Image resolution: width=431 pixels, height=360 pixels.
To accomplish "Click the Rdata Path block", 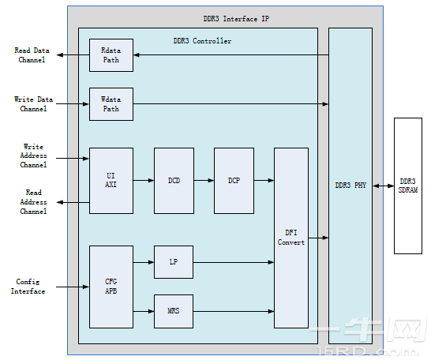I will (x=111, y=55).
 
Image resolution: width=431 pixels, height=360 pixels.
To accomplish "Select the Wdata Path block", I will (x=111, y=104).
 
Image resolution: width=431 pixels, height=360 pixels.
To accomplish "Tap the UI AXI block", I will (x=111, y=181).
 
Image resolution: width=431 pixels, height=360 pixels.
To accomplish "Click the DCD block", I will (x=174, y=181).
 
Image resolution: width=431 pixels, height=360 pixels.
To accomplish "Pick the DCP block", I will (x=234, y=181).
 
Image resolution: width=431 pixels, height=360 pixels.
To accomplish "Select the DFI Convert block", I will (x=290, y=238).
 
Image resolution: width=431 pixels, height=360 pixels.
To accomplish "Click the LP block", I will (x=174, y=262).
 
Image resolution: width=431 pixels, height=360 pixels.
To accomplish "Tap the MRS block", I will (x=174, y=311).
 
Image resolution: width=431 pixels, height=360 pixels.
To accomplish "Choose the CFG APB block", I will (x=111, y=287).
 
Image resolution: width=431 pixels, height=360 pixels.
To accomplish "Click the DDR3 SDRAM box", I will (x=408, y=186).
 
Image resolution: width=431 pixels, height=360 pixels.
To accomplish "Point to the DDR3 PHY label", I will (x=350, y=186).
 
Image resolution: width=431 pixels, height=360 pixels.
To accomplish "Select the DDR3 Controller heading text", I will (x=202, y=41).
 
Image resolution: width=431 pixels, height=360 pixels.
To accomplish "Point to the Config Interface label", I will (x=28, y=287).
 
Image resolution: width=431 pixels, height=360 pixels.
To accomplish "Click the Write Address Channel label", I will (x=33, y=156).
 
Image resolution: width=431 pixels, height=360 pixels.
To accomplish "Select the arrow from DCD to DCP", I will (x=204, y=181).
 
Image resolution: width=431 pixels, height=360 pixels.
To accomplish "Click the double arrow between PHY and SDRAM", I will (x=383, y=186).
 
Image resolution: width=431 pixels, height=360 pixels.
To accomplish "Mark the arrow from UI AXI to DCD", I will (x=144, y=181).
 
